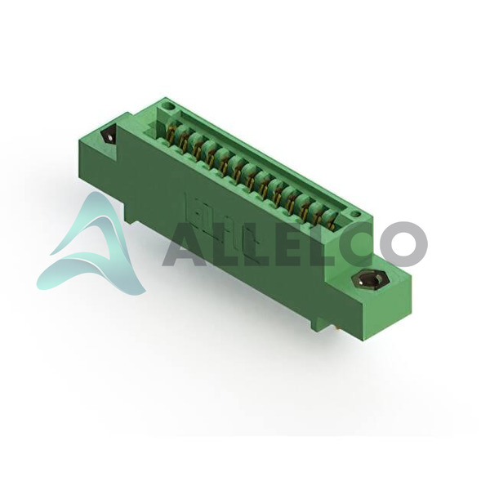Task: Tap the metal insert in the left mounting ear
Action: [109, 135]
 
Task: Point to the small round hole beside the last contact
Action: [354, 214]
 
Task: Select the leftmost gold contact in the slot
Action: [171, 133]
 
